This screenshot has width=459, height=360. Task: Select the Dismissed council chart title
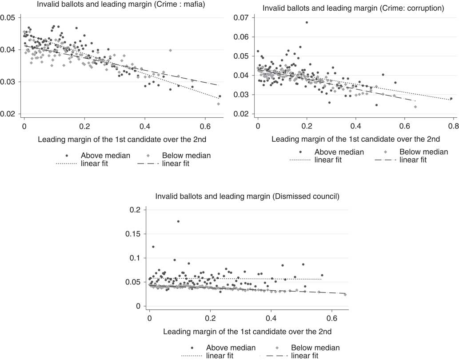(240, 196)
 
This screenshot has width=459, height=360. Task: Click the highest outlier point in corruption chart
(307, 23)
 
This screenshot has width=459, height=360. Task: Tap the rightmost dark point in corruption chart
(451, 99)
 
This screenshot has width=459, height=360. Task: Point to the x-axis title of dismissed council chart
(240, 332)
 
